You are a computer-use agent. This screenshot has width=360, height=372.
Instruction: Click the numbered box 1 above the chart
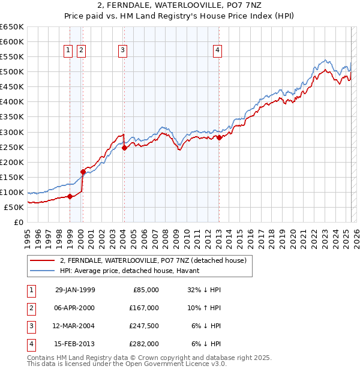68,50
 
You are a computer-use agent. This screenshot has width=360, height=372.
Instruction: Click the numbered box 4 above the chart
217,50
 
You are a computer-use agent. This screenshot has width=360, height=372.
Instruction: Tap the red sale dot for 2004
124,148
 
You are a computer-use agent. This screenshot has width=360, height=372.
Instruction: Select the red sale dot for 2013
219,137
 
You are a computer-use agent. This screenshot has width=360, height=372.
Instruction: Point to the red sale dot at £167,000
83,172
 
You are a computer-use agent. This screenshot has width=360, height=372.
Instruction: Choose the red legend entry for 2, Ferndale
154,260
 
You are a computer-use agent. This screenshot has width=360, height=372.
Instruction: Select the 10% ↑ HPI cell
204,308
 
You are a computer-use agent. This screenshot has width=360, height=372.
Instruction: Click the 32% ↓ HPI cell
204,290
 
